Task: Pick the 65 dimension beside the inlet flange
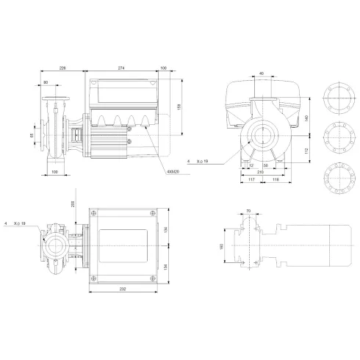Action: pyautogui.click(x=32, y=135)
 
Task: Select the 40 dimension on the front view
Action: pyautogui.click(x=262, y=73)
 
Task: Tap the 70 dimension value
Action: pyautogui.click(x=248, y=212)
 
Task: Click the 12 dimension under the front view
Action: pyautogui.click(x=250, y=165)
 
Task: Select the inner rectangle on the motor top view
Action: pyautogui.click(x=122, y=243)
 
